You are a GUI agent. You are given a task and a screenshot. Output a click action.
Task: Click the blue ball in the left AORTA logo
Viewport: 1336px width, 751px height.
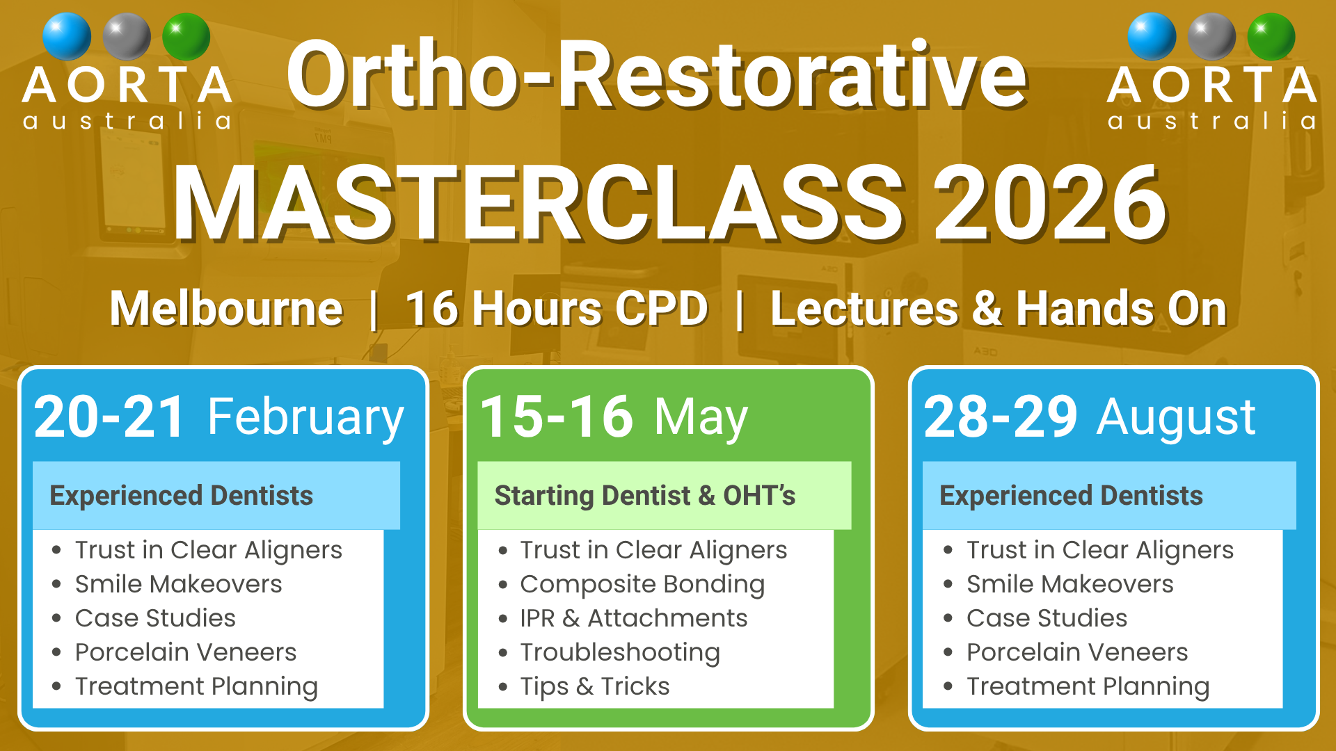[x=67, y=36]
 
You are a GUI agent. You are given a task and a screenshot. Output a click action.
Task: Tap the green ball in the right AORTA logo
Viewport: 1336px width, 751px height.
[x=1271, y=36]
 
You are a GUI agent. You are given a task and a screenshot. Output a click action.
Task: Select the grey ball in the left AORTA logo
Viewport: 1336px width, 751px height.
[x=127, y=36]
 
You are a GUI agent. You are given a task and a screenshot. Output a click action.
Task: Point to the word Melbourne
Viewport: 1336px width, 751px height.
[x=226, y=308]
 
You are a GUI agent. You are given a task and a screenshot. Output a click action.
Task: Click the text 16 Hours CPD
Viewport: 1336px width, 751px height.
[x=557, y=308]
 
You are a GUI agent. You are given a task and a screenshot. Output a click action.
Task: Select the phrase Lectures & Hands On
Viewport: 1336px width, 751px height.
[x=999, y=308]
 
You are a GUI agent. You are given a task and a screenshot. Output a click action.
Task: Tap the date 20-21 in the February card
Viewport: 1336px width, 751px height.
[x=109, y=417]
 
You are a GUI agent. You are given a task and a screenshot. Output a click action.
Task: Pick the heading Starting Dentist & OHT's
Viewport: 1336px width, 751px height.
[x=645, y=496]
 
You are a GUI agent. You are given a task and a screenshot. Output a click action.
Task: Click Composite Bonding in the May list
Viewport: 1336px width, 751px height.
[x=642, y=585]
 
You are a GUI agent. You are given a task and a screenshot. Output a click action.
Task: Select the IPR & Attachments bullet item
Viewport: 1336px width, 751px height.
[x=634, y=618]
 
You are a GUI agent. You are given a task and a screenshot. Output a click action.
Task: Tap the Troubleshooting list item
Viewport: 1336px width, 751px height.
[x=620, y=653]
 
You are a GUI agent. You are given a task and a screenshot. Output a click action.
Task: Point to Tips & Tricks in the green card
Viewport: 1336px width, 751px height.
[x=595, y=687]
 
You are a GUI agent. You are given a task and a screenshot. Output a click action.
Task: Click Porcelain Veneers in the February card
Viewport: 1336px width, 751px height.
[x=186, y=652]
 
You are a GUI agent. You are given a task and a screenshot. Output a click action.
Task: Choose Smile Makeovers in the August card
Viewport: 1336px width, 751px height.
[x=1070, y=584]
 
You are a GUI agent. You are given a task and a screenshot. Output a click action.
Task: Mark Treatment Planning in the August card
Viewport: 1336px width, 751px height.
[x=1088, y=687]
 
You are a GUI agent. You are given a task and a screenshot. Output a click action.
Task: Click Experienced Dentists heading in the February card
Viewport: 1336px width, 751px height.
[x=182, y=496]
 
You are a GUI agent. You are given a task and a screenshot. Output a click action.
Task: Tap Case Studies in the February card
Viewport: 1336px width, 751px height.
[x=155, y=618]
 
